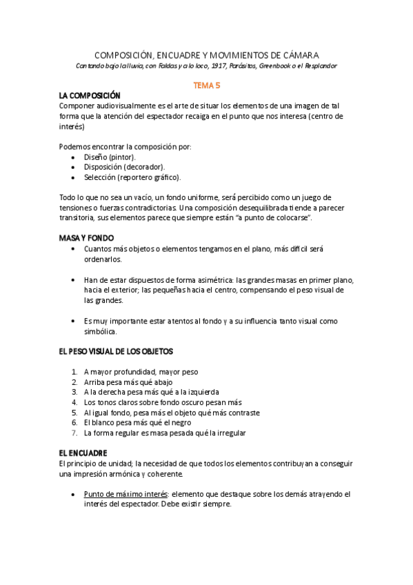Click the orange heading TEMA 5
[x=206, y=84]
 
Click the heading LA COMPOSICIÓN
[x=90, y=95]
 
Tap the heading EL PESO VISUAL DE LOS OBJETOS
[x=116, y=351]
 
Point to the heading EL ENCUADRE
[x=83, y=453]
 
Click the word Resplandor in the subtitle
[x=319, y=66]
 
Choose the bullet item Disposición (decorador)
[x=123, y=167]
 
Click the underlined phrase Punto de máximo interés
[x=125, y=494]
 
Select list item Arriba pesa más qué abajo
[x=128, y=381]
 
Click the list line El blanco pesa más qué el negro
[x=137, y=422]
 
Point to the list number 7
[x=74, y=433]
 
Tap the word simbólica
[x=101, y=331]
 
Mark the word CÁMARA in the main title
[x=300, y=54]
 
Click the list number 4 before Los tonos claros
[x=74, y=402]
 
